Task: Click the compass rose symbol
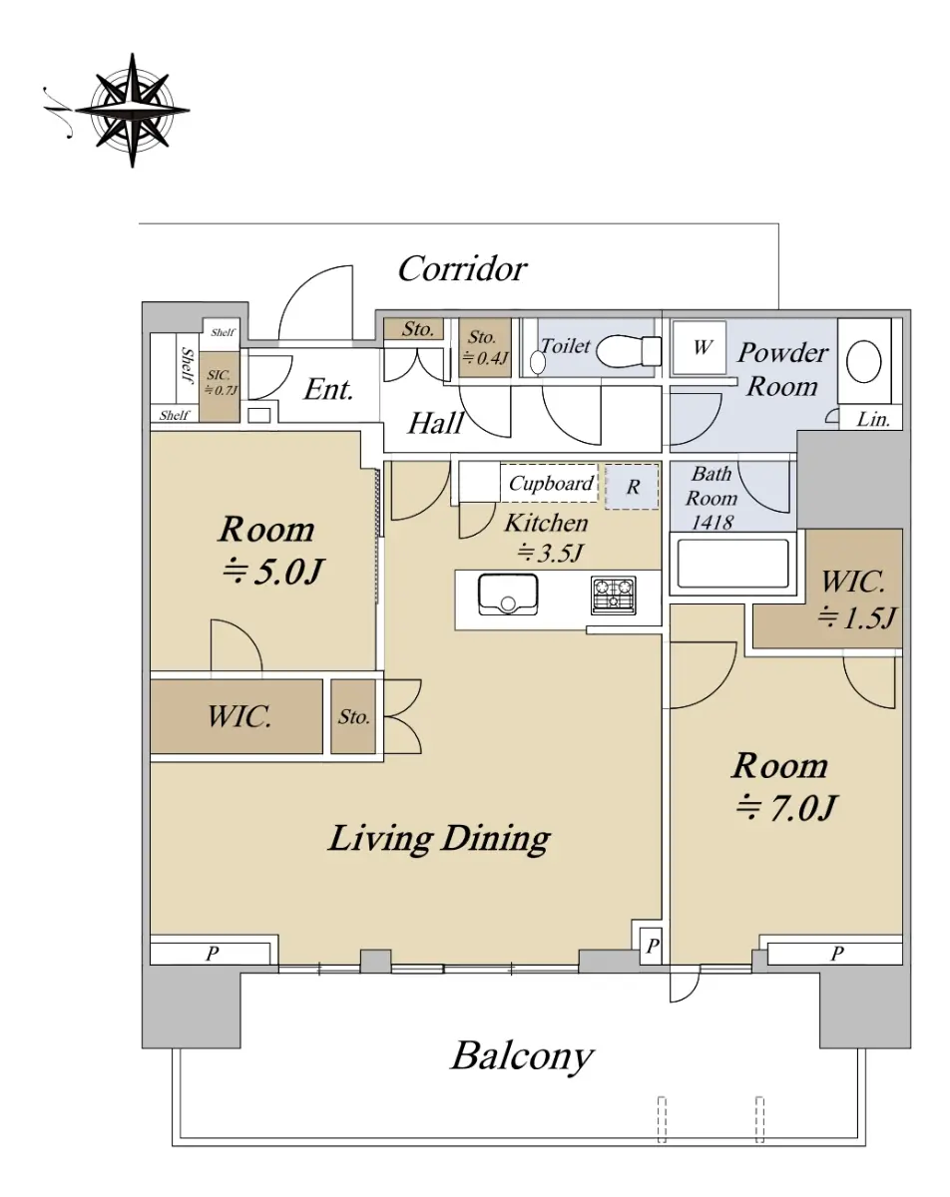pos(133,110)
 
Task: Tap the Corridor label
pos(462,269)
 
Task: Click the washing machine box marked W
pos(701,348)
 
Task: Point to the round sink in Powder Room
pos(864,361)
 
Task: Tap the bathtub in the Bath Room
pos(732,564)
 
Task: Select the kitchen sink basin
pos(508,595)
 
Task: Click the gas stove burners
pos(614,595)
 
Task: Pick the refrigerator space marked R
pos(632,487)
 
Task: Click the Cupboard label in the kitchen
pos(551,484)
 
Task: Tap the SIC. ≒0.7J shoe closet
pos(220,387)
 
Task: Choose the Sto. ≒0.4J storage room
pos(485,348)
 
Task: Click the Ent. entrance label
pos(328,389)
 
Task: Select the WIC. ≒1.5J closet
pos(827,590)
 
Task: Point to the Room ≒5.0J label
pos(268,550)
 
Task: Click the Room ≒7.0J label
pos(783,786)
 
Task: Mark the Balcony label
pos(522,1055)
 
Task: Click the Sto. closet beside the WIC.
pos(353,716)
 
